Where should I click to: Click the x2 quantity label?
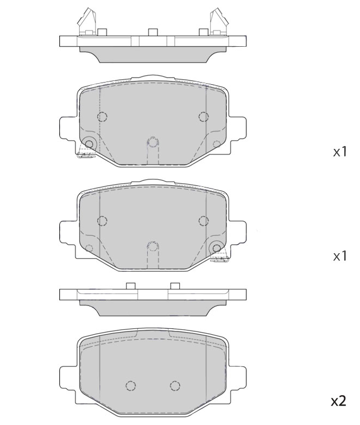coord(339,401)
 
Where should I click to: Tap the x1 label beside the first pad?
coord(339,152)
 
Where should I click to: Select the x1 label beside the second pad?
coord(339,255)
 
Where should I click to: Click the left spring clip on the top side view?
coord(87,22)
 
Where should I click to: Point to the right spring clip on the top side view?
coord(219,22)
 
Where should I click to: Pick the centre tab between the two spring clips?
coord(153,32)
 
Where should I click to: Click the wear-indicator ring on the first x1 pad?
coord(89,143)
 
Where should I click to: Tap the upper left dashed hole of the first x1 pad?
coord(102,116)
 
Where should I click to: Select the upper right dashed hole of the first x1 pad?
coord(204,116)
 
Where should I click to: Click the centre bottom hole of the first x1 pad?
coord(153,142)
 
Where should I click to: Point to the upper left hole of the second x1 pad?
coord(102,220)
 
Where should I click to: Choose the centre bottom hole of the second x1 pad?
coord(153,246)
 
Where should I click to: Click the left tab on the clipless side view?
coord(130,286)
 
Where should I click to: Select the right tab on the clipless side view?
coord(175,286)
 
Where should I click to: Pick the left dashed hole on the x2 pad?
coord(130,385)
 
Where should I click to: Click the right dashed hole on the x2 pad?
coord(174,385)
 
